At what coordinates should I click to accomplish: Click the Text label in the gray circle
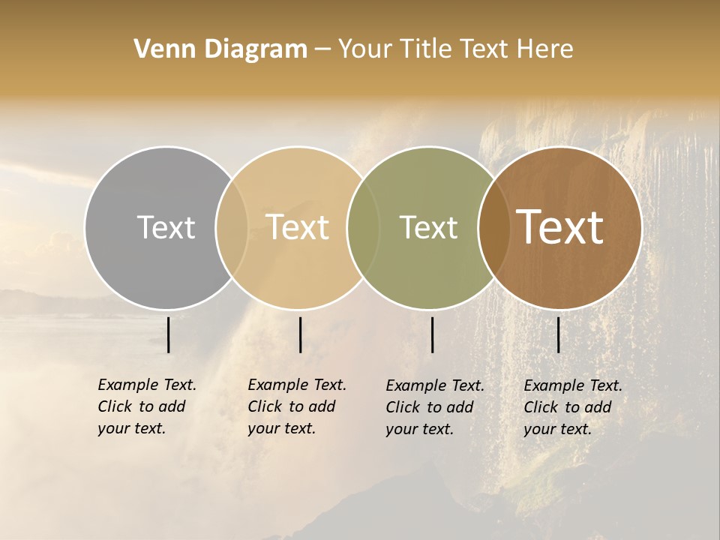click(x=166, y=227)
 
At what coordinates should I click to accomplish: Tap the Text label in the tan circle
click(x=298, y=227)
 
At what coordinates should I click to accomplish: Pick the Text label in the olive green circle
click(x=428, y=227)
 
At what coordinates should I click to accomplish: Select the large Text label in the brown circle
click(x=560, y=227)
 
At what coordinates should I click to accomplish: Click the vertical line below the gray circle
click(x=169, y=334)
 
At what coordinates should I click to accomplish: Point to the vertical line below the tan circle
click(x=300, y=334)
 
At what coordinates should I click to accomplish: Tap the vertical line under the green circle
click(x=433, y=334)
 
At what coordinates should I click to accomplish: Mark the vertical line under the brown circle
click(x=559, y=334)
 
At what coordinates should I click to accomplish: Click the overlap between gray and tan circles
click(x=232, y=227)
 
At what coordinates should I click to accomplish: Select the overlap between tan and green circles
click(x=363, y=227)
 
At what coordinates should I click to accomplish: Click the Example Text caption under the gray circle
click(x=147, y=406)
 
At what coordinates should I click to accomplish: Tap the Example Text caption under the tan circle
click(x=297, y=406)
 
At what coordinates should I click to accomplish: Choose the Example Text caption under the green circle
click(x=435, y=407)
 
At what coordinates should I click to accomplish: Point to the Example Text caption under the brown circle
click(x=573, y=407)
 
